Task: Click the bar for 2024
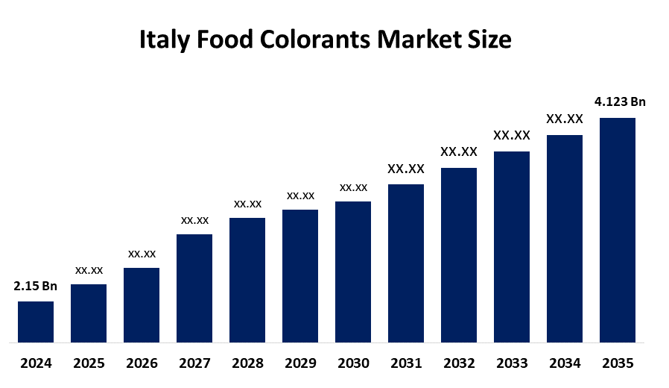(x=36, y=322)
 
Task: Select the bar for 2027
(x=194, y=289)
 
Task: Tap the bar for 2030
(x=353, y=272)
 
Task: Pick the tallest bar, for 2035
(x=618, y=231)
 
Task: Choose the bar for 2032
(x=459, y=255)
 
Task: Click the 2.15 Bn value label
(x=36, y=286)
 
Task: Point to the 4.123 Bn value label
(x=620, y=101)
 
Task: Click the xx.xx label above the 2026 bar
(x=142, y=254)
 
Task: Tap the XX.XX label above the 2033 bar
(x=512, y=135)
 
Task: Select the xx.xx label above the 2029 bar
(x=300, y=195)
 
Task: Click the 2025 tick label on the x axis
(x=89, y=364)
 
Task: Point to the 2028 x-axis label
(x=247, y=364)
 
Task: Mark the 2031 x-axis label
(x=406, y=364)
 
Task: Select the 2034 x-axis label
(x=565, y=364)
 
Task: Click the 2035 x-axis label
(x=618, y=364)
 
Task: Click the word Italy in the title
(x=164, y=40)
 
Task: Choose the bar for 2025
(x=89, y=314)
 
